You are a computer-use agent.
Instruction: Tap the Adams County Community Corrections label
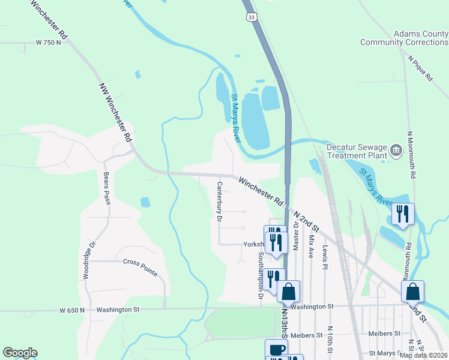(404, 38)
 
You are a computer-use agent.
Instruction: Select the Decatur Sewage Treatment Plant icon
(396, 149)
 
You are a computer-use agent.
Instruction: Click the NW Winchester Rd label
(115, 112)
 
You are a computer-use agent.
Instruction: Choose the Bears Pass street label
(106, 188)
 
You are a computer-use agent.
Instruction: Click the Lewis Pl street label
(325, 256)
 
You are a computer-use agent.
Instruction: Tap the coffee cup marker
(276, 349)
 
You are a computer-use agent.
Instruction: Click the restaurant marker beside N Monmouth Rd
(403, 214)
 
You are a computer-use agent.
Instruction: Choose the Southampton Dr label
(261, 275)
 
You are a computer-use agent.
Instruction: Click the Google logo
(20, 353)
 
